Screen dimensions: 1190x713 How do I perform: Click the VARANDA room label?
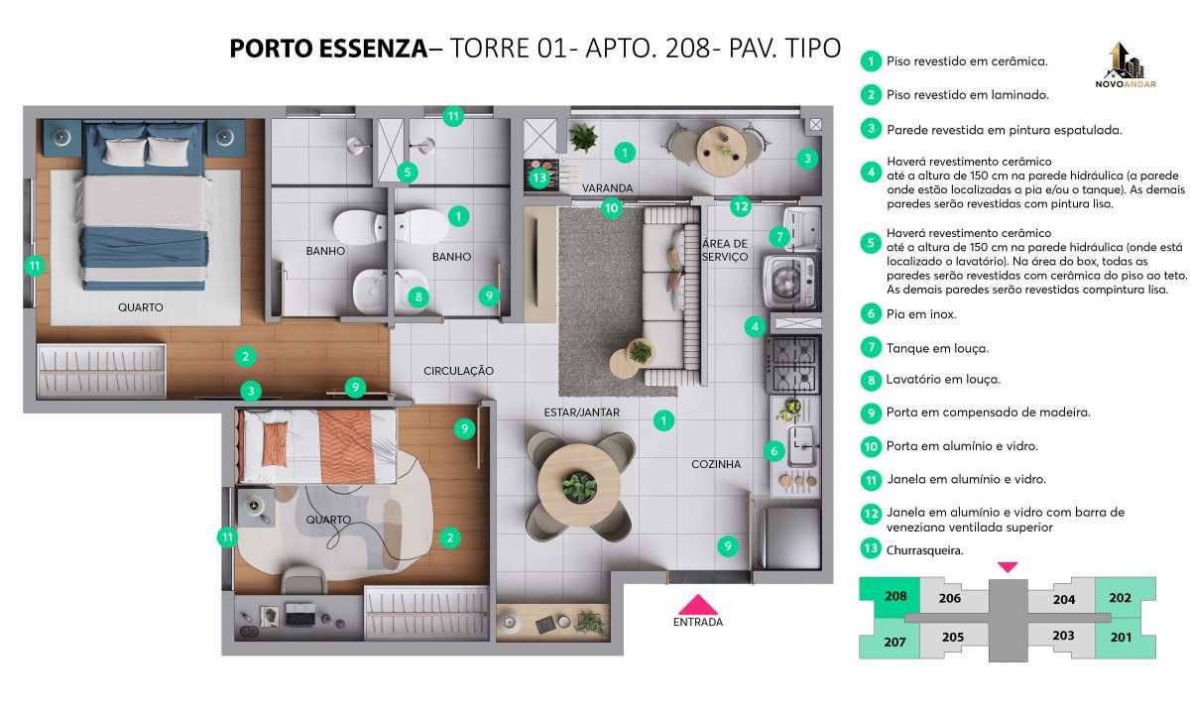point(607,188)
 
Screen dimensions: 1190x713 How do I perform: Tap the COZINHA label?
point(716,464)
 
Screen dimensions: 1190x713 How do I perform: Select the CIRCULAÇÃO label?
point(458,371)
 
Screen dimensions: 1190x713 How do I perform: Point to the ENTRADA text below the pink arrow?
point(697,622)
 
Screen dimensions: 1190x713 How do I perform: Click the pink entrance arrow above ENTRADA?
point(697,605)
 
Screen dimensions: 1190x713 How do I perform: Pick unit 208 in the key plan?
point(895,596)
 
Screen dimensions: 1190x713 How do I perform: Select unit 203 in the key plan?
point(1063,636)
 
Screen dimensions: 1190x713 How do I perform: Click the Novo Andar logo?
point(1126,65)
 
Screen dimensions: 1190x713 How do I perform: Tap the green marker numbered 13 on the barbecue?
point(539,178)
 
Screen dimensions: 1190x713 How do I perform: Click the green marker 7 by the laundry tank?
point(779,236)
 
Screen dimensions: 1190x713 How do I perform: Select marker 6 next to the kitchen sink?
point(774,451)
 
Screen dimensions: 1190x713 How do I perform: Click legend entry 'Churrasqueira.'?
point(924,550)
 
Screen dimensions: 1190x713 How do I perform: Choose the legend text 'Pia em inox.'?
point(921,314)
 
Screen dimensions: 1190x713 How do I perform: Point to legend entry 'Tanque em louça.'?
point(938,348)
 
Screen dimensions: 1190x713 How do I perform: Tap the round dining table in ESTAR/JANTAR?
point(578,486)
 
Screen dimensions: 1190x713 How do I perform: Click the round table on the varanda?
point(722,151)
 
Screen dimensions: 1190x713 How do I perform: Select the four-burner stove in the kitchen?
point(793,365)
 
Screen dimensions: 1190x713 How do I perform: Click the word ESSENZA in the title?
point(374,49)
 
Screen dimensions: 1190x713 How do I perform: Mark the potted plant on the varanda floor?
point(583,138)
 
